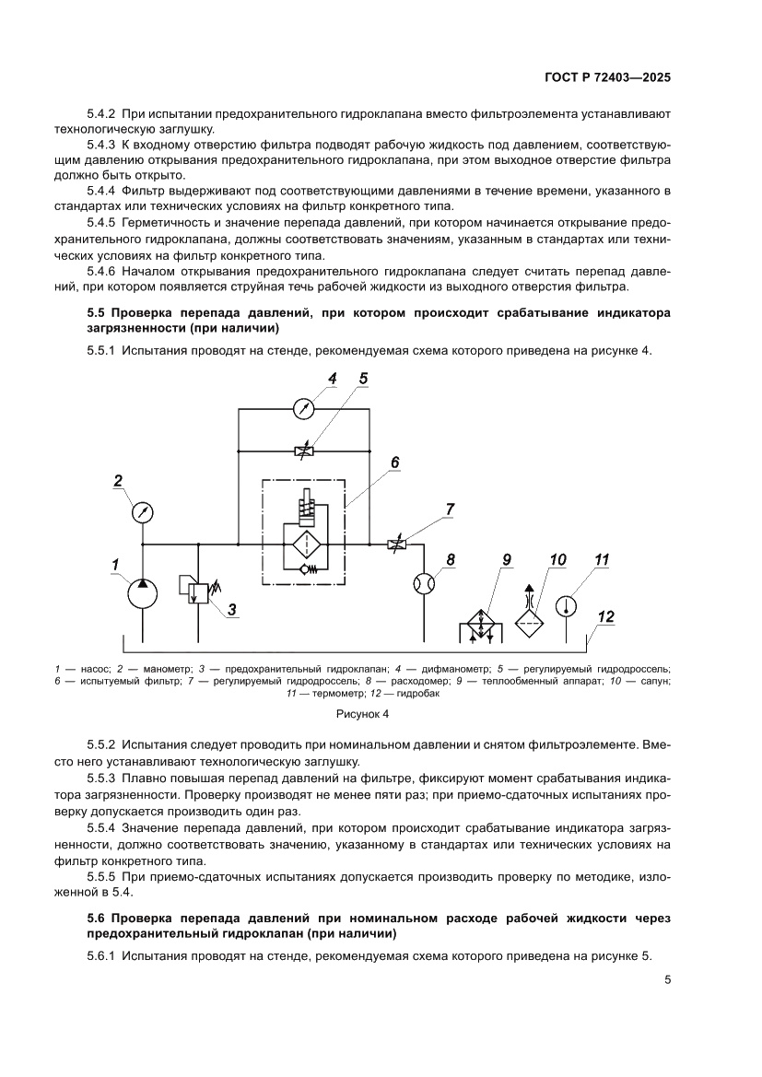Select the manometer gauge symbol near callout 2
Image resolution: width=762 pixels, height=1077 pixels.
point(142,511)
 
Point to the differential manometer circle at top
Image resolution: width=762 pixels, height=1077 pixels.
point(305,407)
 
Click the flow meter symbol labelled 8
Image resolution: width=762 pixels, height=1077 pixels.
point(425,586)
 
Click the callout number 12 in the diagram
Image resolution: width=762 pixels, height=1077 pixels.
point(604,615)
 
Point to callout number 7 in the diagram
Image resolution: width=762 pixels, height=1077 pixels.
point(450,509)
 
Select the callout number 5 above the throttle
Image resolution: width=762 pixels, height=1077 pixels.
point(362,379)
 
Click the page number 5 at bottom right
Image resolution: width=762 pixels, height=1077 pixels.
point(666,980)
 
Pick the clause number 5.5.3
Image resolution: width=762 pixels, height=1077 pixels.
point(100,778)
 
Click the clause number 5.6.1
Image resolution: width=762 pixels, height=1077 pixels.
point(100,957)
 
